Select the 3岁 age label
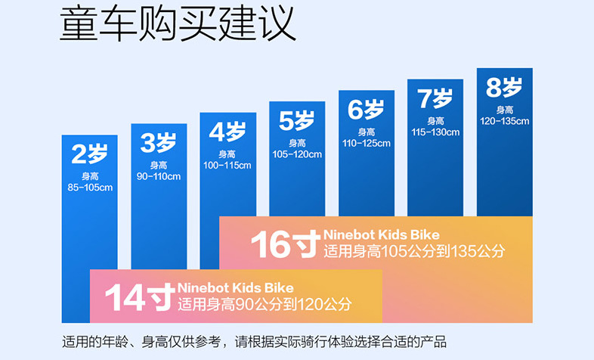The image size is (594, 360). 158,142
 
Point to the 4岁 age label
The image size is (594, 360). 227,132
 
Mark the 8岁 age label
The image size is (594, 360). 504,87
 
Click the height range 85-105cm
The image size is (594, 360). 89,187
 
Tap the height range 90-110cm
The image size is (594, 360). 158,176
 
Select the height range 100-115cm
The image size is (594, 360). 227,165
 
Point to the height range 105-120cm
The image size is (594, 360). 297,154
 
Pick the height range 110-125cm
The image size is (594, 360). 366,143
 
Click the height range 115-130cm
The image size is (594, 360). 435,132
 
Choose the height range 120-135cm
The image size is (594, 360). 504,120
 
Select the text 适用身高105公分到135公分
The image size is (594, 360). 413,251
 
